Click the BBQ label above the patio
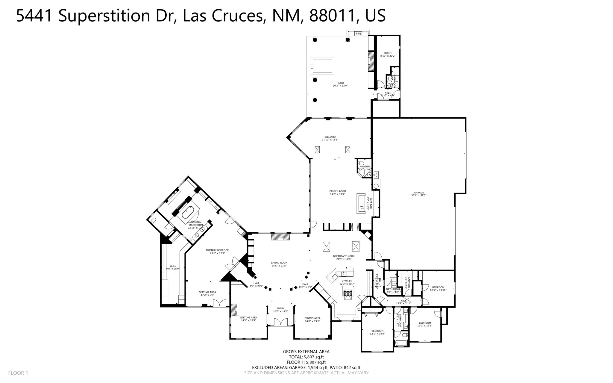[x=358, y=34]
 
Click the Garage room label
[x=419, y=193]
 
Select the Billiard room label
[x=330, y=137]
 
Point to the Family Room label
[x=337, y=191]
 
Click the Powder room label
[x=365, y=166]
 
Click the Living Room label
[x=279, y=263]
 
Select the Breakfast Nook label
[x=344, y=256]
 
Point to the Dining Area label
[x=312, y=318]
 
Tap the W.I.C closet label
[x=173, y=266]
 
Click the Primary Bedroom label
[x=217, y=250]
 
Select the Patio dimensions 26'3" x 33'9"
[x=340, y=86]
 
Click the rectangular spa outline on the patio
[x=322, y=66]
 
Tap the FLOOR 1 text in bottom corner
[x=18, y=373]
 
